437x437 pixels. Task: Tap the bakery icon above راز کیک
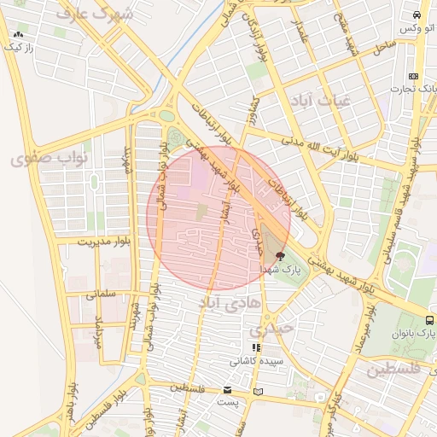pos(18,35)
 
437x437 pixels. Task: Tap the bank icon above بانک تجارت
pos(414,75)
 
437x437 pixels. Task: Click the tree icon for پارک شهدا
pos(281,255)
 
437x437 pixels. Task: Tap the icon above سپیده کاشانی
pos(255,347)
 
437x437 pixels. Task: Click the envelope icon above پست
pos(227,389)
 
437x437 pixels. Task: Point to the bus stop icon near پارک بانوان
pos(429,321)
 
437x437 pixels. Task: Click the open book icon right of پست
pos(260,390)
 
